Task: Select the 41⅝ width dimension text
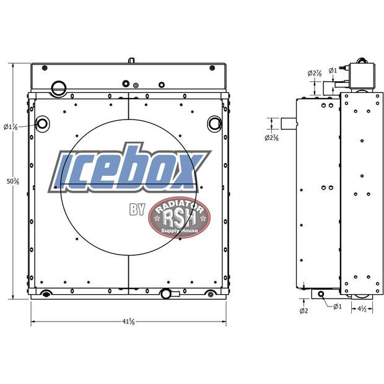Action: click(129, 321)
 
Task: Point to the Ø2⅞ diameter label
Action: click(314, 74)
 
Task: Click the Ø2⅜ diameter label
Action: click(271, 137)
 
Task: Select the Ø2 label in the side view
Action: click(303, 310)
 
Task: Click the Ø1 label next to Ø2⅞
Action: click(333, 69)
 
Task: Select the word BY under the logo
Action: click(137, 210)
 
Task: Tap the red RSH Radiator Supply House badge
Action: click(179, 218)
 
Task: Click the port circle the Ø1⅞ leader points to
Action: click(43, 123)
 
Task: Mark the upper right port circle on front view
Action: click(214, 123)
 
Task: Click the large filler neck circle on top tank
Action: click(58, 87)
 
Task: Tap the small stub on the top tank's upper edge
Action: click(131, 61)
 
